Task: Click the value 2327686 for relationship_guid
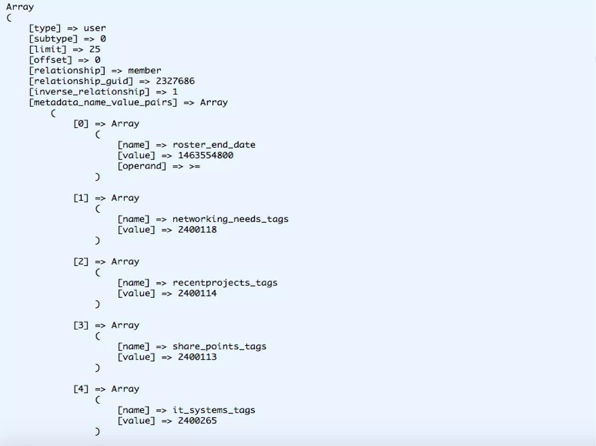[x=175, y=81]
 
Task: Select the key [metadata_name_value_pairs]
[x=103, y=102]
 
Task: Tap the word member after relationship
[x=144, y=71]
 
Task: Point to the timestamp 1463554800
[x=205, y=155]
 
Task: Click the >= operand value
[x=194, y=166]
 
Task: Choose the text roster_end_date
[x=214, y=145]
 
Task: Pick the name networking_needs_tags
[x=230, y=219]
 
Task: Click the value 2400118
[x=197, y=230]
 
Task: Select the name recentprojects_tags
[x=225, y=283]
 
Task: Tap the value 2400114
[x=197, y=293]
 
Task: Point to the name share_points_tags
[x=219, y=346]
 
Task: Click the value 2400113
[x=197, y=357]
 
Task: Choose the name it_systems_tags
[x=214, y=410]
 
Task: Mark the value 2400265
[x=197, y=421]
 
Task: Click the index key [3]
[x=81, y=325]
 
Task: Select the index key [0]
[x=81, y=124]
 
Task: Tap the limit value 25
[x=95, y=49]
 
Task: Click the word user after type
[x=95, y=28]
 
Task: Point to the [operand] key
[x=142, y=166]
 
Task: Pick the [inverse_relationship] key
[x=89, y=92]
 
